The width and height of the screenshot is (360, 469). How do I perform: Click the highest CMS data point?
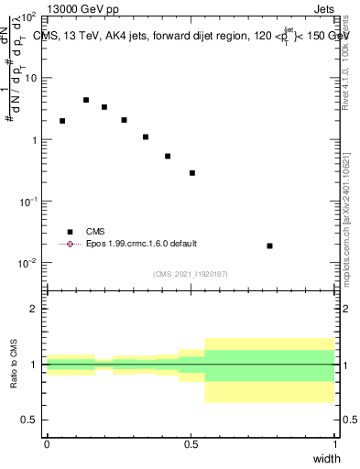(x=86, y=100)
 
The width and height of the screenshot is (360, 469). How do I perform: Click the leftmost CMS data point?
(x=62, y=121)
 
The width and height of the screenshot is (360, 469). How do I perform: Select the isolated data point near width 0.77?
(x=269, y=245)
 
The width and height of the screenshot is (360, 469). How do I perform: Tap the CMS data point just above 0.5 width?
(x=192, y=173)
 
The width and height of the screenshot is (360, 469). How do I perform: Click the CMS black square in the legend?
(x=70, y=233)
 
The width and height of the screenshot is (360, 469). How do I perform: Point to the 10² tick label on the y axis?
(x=28, y=17)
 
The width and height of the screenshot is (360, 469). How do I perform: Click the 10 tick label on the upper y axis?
(x=30, y=79)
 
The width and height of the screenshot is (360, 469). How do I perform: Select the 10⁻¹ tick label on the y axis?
(x=28, y=202)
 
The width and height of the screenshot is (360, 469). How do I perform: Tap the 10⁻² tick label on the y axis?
(x=28, y=263)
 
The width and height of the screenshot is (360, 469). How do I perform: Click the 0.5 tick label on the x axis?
(x=191, y=443)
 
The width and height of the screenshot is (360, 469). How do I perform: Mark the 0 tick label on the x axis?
(x=47, y=443)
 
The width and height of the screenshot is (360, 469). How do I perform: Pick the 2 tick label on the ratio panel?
(x=34, y=309)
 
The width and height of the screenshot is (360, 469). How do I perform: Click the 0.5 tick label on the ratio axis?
(x=29, y=420)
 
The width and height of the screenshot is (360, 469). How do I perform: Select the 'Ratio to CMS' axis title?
(x=14, y=365)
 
